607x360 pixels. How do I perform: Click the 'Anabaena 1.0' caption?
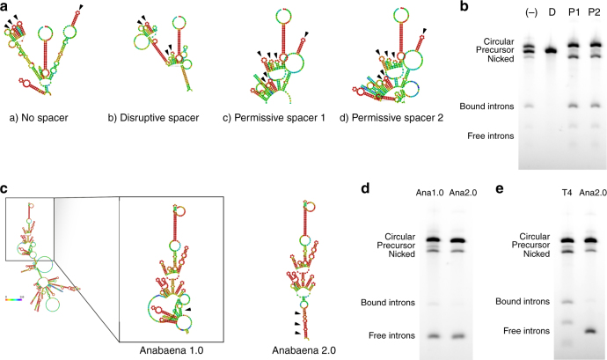173,349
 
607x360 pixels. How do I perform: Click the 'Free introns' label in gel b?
486,137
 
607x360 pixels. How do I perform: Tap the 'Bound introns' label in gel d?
385,303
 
